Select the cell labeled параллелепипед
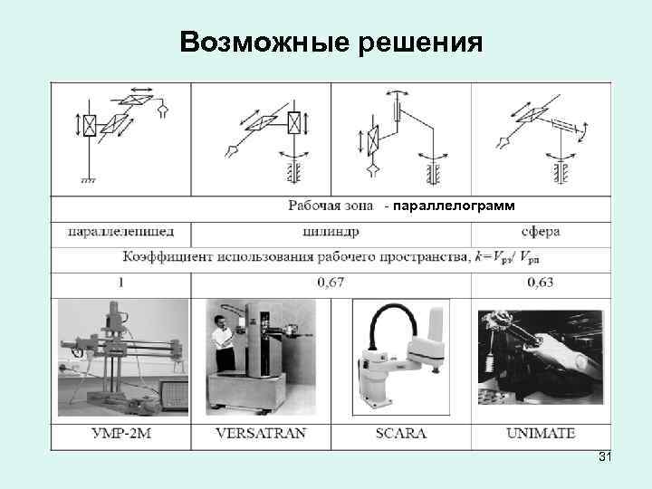coord(120,232)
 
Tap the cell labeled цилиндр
coord(331,232)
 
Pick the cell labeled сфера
coord(540,232)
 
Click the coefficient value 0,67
coord(331,283)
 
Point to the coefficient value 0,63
coord(540,283)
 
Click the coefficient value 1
coord(120,283)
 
